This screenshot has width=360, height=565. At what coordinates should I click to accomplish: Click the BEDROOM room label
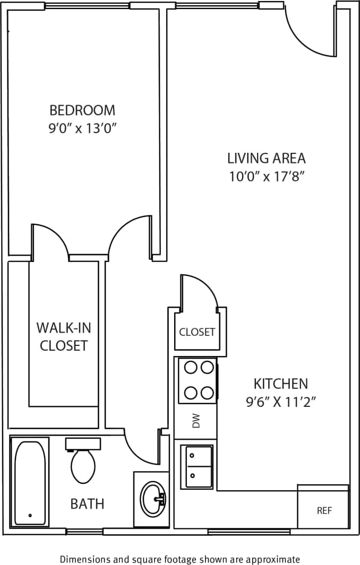(82, 110)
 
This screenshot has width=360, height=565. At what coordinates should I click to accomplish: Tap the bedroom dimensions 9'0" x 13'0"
(82, 128)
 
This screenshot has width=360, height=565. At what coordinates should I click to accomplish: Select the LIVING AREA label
(266, 158)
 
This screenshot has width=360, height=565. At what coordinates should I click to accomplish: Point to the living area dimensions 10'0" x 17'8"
(266, 176)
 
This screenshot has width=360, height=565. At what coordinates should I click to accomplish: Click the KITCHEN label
(280, 383)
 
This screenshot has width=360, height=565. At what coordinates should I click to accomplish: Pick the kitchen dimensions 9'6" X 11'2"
(280, 402)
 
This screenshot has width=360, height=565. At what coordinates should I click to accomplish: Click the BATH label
(87, 503)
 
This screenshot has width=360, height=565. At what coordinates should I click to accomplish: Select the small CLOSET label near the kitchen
(197, 332)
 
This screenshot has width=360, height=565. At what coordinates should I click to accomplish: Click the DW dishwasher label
(196, 422)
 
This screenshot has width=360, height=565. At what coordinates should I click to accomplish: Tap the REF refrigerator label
(324, 511)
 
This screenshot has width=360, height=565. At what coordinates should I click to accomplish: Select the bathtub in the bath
(30, 482)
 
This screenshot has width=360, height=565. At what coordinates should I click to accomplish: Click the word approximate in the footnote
(273, 559)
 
